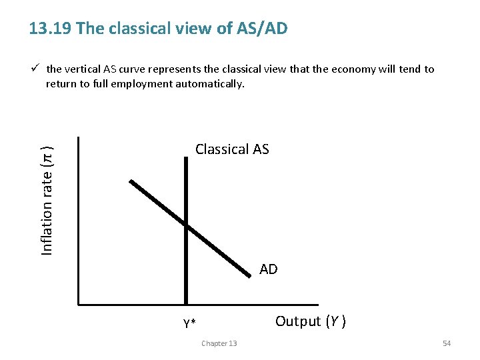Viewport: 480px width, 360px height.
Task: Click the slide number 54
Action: (447, 343)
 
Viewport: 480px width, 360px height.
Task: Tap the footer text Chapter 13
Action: (219, 343)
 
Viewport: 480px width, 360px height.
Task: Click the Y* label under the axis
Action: (189, 324)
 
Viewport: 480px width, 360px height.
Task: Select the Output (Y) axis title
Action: (310, 321)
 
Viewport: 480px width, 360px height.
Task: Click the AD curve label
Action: (268, 269)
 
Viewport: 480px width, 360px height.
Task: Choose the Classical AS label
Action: (232, 149)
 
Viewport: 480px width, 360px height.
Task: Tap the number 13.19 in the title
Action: (51, 29)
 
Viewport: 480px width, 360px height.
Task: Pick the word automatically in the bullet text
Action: (213, 84)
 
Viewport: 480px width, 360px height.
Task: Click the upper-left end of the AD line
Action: (131, 181)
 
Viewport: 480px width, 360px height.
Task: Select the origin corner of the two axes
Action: (79, 304)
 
